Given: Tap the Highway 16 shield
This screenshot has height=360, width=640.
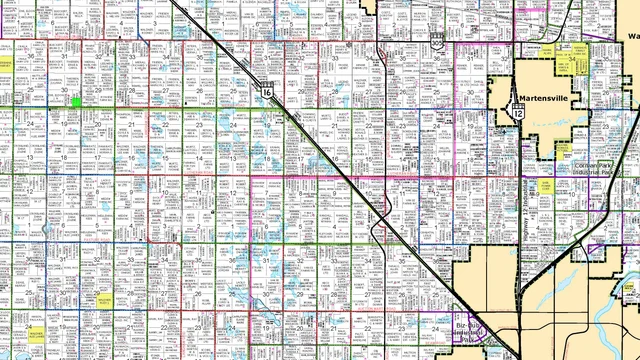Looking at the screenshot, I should tap(267, 91).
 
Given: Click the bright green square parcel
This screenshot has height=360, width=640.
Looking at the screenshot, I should tap(76, 102).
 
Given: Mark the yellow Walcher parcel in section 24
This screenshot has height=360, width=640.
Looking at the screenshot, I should tap(37, 334).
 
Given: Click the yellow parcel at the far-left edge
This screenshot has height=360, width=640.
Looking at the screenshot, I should tap(4, 63).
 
